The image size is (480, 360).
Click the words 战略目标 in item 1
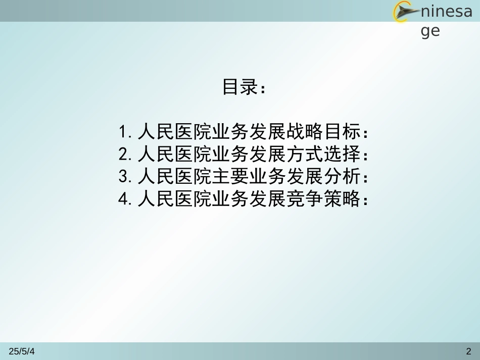point(323,132)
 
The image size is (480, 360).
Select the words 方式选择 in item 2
point(323,154)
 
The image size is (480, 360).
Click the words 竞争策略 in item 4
point(323,199)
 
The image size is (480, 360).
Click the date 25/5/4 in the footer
point(22,351)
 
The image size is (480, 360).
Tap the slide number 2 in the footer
point(468,351)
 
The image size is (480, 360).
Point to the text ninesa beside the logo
point(446,12)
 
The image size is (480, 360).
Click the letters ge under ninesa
point(430,31)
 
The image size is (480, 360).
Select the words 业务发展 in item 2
point(249,154)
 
